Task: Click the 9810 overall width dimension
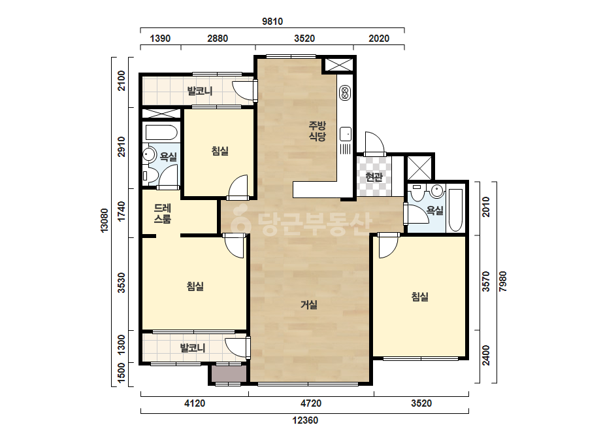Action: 272,22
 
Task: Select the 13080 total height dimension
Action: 105,220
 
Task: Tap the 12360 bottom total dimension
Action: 305,420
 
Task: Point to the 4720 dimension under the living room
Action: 311,403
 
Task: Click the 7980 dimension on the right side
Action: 502,281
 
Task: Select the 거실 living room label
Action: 309,305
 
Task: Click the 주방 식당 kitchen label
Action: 318,131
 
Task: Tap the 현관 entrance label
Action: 374,177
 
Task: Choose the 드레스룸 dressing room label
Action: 163,214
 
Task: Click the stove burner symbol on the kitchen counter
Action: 344,93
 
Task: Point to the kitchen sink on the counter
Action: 346,134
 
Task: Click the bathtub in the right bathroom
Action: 456,210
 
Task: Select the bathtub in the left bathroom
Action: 161,133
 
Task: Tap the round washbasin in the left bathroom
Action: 148,154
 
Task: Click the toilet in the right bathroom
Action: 417,192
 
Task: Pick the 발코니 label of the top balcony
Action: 200,91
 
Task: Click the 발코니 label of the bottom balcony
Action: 193,348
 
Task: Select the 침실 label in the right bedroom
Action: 420,296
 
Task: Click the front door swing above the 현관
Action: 374,143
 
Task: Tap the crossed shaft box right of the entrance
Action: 421,167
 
